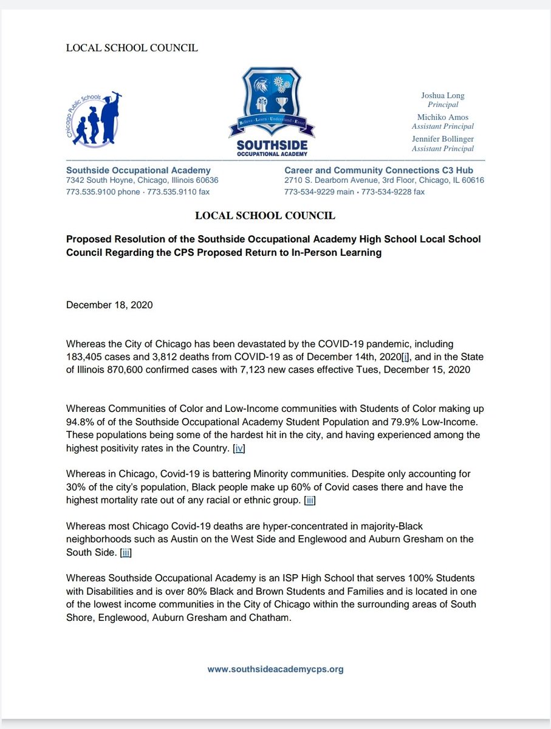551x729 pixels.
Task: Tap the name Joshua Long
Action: click(443, 96)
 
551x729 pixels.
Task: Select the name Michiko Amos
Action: click(443, 117)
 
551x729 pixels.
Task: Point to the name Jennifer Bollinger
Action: click(443, 139)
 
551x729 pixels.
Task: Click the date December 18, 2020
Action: click(109, 304)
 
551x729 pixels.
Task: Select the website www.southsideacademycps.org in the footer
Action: click(275, 669)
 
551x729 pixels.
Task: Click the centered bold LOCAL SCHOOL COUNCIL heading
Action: click(265, 216)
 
